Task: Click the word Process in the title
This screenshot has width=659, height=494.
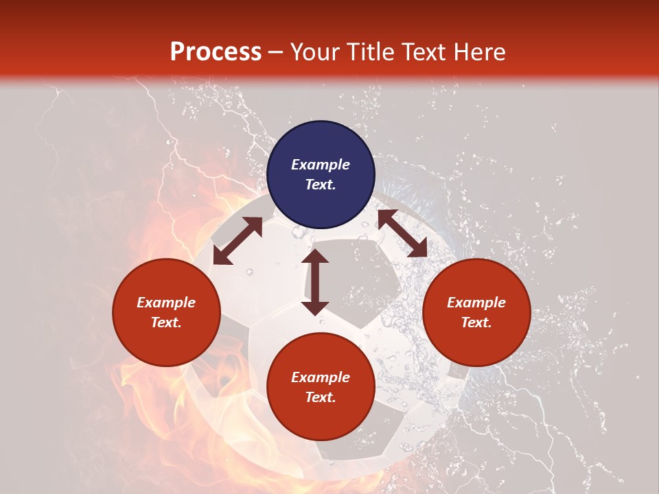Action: click(x=216, y=52)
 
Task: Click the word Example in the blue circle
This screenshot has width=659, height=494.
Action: click(x=321, y=165)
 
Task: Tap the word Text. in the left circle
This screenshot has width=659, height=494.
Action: click(x=166, y=322)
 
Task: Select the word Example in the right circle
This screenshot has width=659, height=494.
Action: click(x=476, y=303)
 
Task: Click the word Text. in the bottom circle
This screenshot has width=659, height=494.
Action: click(x=321, y=397)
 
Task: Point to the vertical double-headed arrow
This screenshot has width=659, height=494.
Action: click(x=315, y=282)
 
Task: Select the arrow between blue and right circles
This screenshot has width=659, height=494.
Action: click(x=402, y=233)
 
